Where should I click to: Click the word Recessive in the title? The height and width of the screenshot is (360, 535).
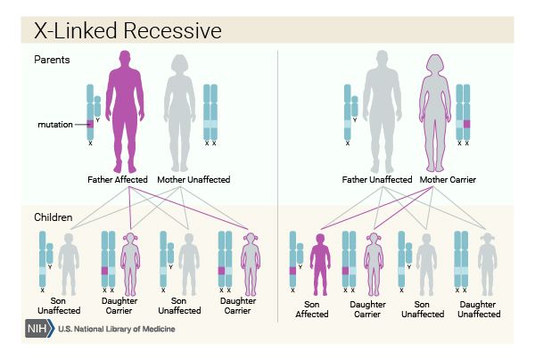coord(172,30)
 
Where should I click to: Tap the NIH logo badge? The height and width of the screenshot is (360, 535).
coord(39,329)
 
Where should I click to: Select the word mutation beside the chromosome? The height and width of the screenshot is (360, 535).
coord(55,125)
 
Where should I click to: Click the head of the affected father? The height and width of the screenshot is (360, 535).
coord(125,58)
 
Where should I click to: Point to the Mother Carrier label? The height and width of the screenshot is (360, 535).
coord(448,180)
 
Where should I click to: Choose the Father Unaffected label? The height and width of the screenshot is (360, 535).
coord(377,180)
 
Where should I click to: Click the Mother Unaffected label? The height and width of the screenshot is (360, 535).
coord(193,180)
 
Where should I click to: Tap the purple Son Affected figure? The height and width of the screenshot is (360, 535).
coord(320,264)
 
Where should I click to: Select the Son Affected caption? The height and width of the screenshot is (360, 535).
coord(312,309)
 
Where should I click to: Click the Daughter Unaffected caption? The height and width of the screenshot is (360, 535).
coord(479,309)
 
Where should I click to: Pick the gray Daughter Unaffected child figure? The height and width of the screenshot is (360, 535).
coord(487,264)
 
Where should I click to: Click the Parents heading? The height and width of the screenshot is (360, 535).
coord(52,60)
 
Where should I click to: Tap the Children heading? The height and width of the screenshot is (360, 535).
coord(53,217)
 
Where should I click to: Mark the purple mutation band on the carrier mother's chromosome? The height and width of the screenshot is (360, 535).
coord(466,124)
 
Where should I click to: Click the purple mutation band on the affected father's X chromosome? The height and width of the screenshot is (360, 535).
coord(90,124)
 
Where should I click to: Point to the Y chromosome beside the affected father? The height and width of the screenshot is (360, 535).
coord(97,106)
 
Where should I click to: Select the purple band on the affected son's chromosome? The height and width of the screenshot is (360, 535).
coord(292,271)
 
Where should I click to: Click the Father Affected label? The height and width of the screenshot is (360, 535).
coord(118,180)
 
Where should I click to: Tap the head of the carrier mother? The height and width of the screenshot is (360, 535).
coord(436,63)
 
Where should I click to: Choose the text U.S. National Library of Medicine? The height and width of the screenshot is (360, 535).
coord(117,329)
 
